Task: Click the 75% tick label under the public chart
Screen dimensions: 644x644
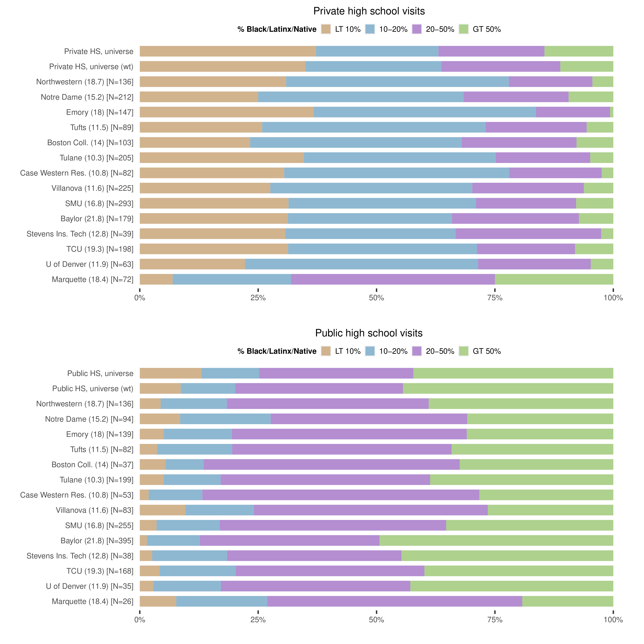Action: (x=495, y=620)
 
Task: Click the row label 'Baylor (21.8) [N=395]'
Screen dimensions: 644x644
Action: (x=97, y=541)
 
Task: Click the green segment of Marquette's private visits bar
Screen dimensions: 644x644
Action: (x=554, y=279)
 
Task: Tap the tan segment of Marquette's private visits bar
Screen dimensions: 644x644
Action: (x=156, y=279)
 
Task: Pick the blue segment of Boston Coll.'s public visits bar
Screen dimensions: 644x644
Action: (x=184, y=464)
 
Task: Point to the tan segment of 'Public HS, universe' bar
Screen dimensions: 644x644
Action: (x=170, y=373)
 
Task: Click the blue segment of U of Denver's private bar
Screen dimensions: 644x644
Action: (x=361, y=264)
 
